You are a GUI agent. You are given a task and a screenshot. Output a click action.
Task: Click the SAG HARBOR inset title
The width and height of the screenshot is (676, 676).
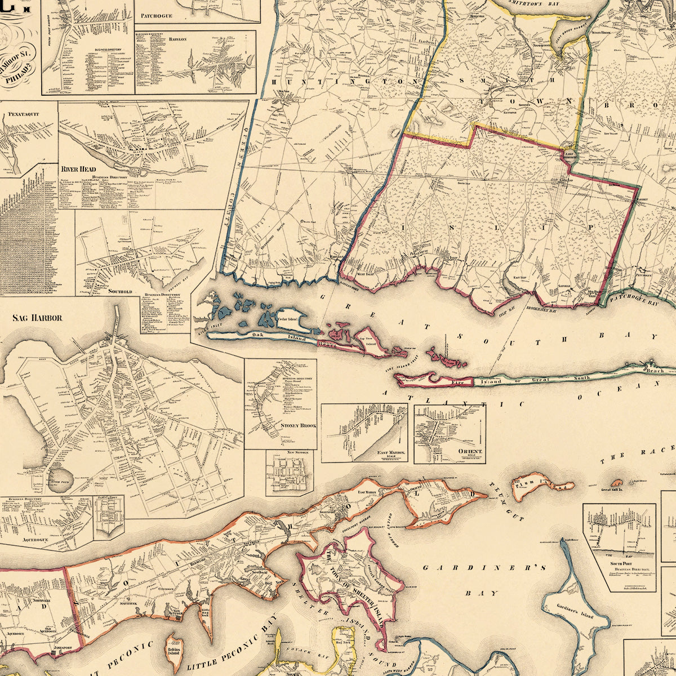tap(37, 318)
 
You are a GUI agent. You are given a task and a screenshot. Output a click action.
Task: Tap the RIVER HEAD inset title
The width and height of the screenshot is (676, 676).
tap(79, 169)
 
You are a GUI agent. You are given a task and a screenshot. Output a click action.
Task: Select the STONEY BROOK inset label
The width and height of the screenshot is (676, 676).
tap(298, 426)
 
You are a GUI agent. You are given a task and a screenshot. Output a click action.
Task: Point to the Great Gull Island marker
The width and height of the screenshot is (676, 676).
tap(617, 483)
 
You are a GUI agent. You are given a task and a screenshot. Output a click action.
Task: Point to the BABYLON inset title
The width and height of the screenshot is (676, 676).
tap(177, 40)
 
